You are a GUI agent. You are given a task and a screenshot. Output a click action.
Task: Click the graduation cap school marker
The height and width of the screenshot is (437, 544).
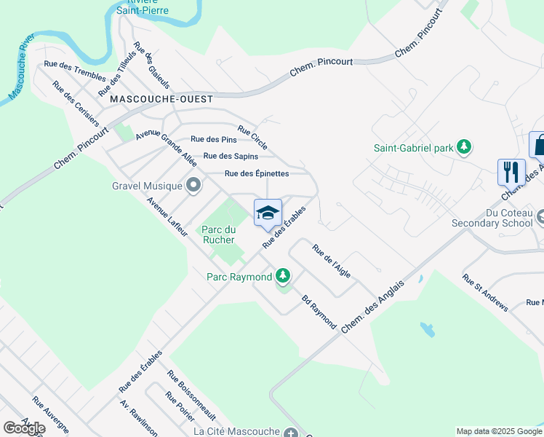(x=268, y=212)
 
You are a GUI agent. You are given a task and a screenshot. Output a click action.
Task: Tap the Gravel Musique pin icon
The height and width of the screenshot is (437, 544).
(x=193, y=185)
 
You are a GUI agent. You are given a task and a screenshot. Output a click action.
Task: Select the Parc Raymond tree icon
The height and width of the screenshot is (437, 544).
(x=283, y=277)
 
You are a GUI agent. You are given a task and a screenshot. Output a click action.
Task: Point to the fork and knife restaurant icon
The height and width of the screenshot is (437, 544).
(x=511, y=172)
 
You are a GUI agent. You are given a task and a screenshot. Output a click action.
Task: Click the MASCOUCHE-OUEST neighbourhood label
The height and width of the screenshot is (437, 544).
(x=161, y=99)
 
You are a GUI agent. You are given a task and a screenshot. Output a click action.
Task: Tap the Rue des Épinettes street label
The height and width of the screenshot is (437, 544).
(x=257, y=173)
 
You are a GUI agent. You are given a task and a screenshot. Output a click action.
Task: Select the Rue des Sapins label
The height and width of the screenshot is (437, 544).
(x=231, y=156)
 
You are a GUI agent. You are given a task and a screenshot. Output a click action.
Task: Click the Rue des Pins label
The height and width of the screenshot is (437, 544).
(x=214, y=139)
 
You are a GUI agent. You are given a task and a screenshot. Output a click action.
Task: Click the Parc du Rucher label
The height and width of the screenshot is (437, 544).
(x=218, y=235)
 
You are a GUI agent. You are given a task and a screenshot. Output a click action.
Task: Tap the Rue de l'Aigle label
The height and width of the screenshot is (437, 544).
(x=332, y=260)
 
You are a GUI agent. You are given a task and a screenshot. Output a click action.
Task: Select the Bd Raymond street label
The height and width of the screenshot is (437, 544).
(x=319, y=312)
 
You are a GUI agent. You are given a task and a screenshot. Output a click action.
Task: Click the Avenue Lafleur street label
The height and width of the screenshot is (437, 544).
(x=167, y=216)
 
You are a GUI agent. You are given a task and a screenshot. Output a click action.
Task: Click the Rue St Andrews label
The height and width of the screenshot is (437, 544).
(x=484, y=293)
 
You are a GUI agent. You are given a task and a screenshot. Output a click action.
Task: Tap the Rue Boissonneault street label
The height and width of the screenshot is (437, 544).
(x=192, y=395)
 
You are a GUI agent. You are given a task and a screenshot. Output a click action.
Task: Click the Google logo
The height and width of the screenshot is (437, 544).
(x=23, y=428)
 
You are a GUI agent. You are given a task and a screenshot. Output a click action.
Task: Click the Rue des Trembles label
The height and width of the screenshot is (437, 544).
(x=75, y=74)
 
